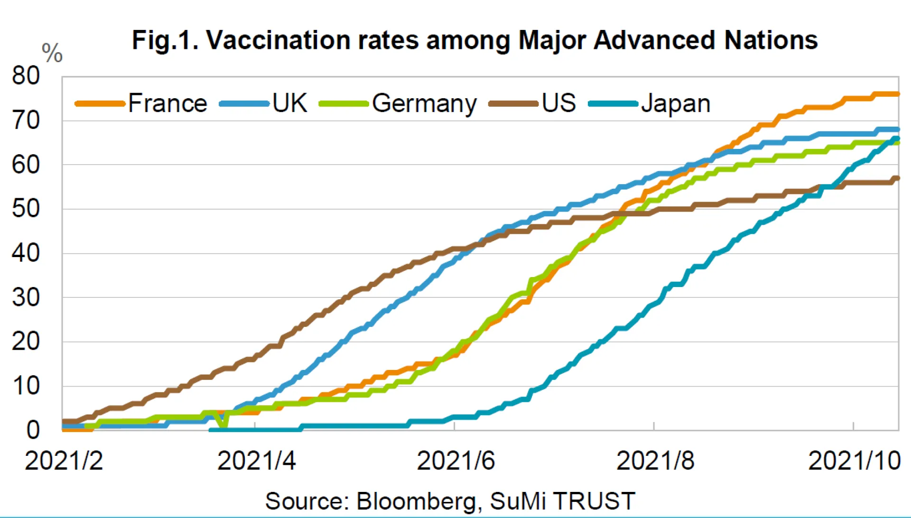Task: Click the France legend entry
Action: (167, 103)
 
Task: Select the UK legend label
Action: (289, 103)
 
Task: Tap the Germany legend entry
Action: (424, 103)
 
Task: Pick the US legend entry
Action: (558, 103)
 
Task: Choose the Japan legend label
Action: (675, 103)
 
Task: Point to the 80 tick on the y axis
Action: (26, 76)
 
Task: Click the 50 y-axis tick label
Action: (26, 209)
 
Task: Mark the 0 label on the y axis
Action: (32, 430)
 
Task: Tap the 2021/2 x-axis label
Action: (64, 461)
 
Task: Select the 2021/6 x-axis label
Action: (455, 461)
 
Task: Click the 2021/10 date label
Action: (854, 461)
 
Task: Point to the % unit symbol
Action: (52, 53)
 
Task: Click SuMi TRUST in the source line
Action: (562, 501)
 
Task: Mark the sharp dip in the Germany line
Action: (222, 425)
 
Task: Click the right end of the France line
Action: (897, 94)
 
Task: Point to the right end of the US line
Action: (897, 178)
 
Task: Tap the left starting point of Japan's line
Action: (211, 430)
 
